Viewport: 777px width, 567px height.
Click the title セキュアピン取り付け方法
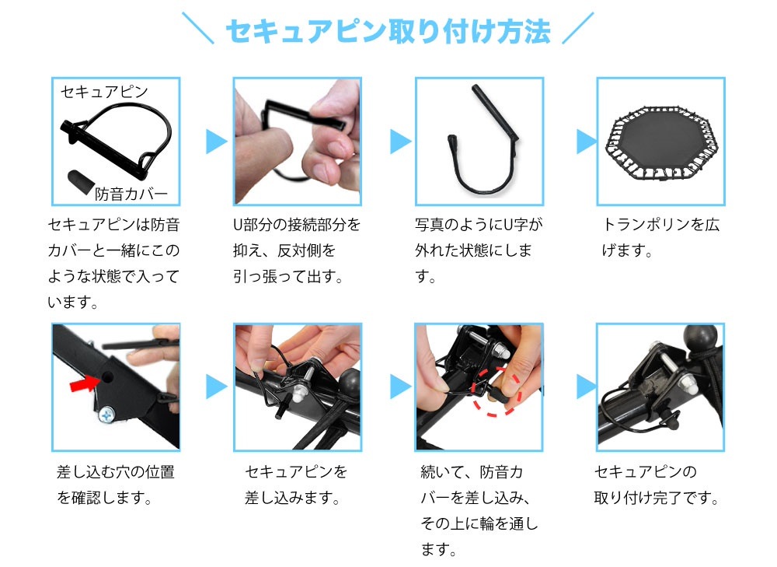(388, 31)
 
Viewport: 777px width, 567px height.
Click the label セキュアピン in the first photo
(103, 92)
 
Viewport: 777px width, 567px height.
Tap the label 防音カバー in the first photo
(131, 193)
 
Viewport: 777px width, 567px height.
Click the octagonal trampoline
(660, 141)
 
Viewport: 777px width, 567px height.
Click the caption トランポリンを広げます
(661, 238)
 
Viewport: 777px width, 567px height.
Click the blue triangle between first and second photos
(216, 142)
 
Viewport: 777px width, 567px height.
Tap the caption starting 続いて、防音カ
(479, 510)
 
